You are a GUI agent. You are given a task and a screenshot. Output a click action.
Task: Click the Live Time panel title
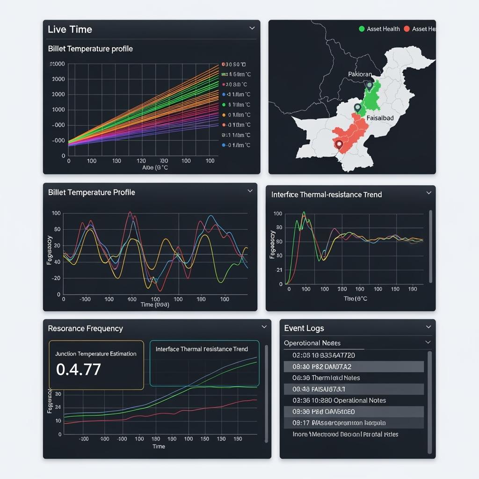click(70, 29)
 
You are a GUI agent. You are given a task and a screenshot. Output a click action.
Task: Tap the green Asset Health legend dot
click(361, 29)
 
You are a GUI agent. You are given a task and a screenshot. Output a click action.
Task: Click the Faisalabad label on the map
click(379, 118)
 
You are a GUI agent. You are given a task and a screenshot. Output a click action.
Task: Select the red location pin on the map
click(339, 145)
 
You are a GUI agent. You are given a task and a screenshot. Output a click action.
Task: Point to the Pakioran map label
click(360, 74)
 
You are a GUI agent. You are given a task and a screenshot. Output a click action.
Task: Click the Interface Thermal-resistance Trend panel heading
click(327, 195)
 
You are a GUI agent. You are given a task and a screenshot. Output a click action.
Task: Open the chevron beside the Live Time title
click(252, 29)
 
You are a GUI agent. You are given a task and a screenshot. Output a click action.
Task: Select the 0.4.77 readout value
click(78, 370)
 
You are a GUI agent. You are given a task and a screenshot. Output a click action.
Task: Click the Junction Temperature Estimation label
click(96, 354)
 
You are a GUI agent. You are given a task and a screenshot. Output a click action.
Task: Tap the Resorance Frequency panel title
click(85, 328)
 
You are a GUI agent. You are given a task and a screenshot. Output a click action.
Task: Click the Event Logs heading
click(304, 328)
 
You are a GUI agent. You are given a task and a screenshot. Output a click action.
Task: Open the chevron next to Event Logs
click(428, 327)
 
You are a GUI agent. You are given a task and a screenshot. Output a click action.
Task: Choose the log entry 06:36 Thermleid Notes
click(326, 378)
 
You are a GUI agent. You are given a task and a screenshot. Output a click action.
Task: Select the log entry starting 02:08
click(324, 356)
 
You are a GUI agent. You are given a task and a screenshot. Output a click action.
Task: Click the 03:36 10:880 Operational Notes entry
click(339, 400)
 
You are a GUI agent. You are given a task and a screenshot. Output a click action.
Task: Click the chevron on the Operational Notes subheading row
click(428, 342)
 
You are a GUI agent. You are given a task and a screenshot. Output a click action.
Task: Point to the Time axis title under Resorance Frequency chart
click(159, 446)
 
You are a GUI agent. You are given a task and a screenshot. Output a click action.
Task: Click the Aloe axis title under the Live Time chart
click(154, 167)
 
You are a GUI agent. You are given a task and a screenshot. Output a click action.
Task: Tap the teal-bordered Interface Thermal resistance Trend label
click(202, 349)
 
